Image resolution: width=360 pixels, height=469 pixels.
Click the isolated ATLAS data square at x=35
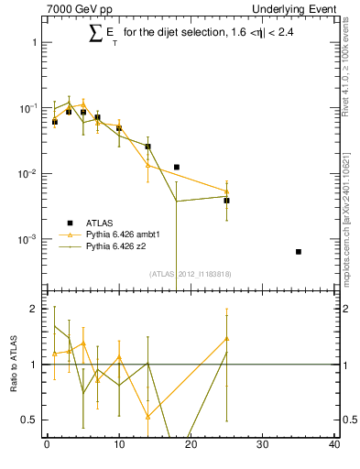click(299, 252)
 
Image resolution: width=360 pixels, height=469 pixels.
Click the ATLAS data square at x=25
click(226, 200)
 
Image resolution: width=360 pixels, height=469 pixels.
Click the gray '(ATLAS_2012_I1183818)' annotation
click(190, 273)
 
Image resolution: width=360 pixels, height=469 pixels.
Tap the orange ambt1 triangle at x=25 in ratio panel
click(226, 338)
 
